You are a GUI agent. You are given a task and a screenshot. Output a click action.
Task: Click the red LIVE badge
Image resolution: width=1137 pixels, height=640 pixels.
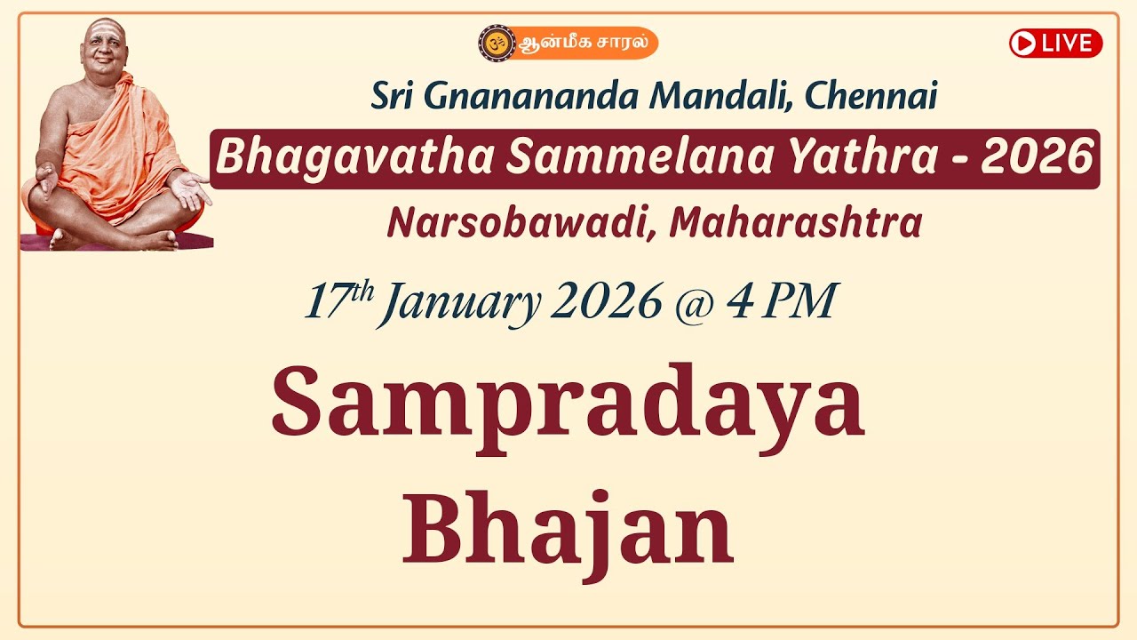point(1055,43)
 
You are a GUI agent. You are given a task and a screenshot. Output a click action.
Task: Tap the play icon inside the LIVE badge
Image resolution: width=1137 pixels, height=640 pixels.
point(1024,43)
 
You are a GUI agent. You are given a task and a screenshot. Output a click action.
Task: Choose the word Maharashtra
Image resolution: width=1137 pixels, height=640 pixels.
point(795,223)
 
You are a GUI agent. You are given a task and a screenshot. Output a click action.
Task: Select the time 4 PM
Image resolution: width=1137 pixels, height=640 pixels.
point(781,303)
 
